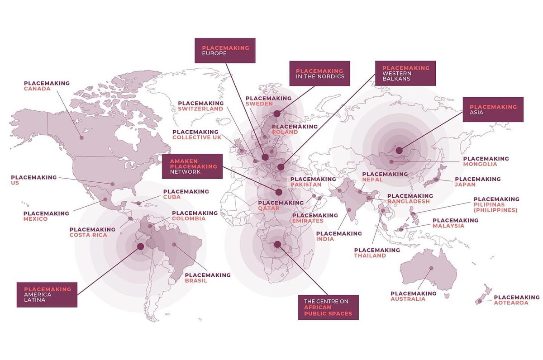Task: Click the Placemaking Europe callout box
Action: [x=225, y=50]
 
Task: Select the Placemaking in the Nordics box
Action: [x=320, y=73]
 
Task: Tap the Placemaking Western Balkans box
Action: [x=405, y=73]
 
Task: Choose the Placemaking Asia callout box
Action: [x=493, y=109]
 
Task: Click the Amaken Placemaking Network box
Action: [x=192, y=166]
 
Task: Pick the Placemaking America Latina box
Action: [x=47, y=295]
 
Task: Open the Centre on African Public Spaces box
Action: [x=328, y=308]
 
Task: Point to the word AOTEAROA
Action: [x=511, y=303]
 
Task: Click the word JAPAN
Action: [x=465, y=185]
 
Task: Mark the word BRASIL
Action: [x=196, y=280]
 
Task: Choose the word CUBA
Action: [x=171, y=197]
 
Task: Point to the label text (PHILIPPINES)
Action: [x=495, y=210]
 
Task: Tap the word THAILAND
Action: [x=370, y=256]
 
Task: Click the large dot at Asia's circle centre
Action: [x=399, y=150]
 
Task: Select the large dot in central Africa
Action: [x=277, y=244]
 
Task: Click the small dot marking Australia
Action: [x=431, y=268]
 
